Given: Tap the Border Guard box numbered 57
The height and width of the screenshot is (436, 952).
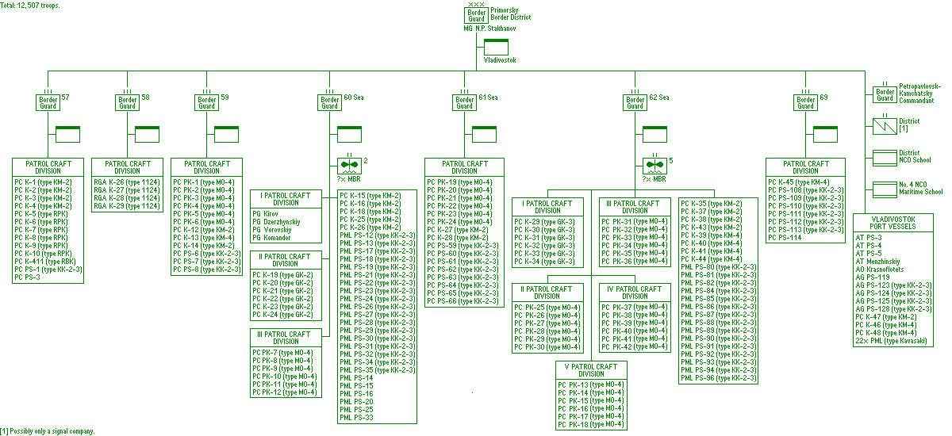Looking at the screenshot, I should (48, 102).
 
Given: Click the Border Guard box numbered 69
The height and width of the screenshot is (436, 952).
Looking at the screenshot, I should (806, 102).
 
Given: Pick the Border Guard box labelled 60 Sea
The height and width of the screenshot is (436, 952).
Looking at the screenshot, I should (330, 102).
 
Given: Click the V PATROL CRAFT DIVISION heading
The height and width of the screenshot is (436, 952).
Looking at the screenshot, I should (591, 371).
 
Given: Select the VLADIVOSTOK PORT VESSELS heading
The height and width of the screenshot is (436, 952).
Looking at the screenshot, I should (893, 222).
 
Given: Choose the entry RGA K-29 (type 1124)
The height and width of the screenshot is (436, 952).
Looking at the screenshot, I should (127, 206).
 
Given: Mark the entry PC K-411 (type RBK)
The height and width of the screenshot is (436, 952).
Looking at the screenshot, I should (44, 262).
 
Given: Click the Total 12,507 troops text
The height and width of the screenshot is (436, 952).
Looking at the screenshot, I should (30, 5).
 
